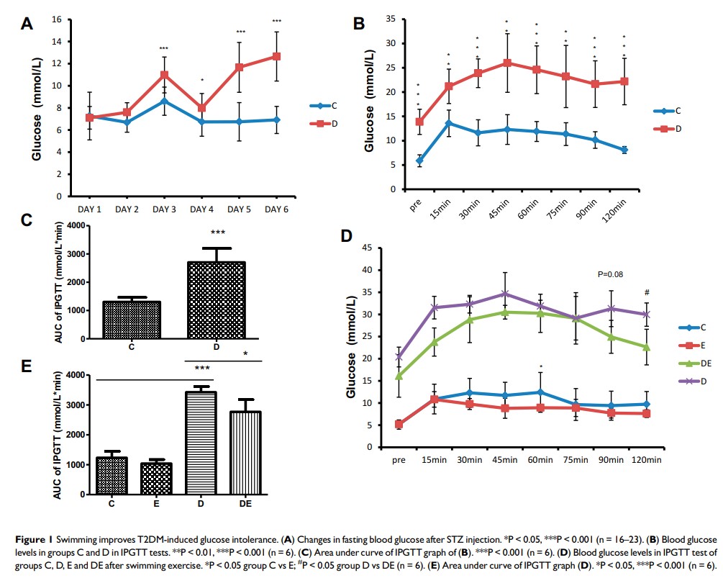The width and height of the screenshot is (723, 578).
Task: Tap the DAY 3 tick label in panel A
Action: click(x=164, y=209)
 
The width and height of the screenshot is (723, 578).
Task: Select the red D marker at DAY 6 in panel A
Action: click(x=276, y=56)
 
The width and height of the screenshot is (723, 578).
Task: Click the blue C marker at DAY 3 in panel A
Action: click(x=164, y=101)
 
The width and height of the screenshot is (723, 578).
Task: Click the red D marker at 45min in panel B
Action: click(x=507, y=63)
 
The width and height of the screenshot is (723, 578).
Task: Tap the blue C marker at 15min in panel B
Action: click(x=448, y=123)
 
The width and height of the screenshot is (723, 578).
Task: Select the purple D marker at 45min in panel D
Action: click(x=504, y=294)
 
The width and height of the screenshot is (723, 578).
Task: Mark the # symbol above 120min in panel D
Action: click(x=647, y=292)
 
